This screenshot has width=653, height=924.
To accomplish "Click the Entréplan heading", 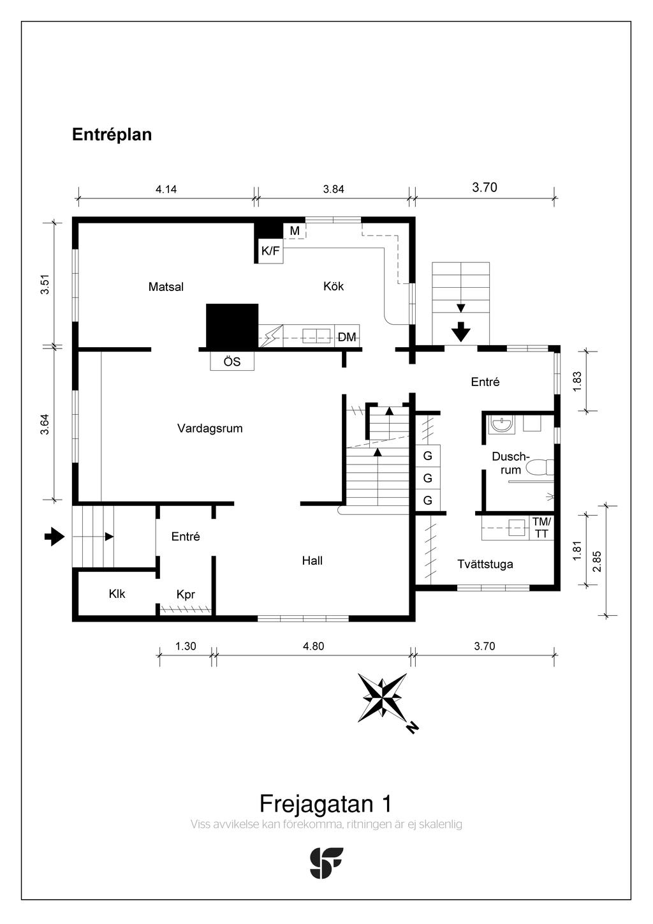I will (x=112, y=135).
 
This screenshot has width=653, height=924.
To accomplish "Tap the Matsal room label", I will (x=166, y=287).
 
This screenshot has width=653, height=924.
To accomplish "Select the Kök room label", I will (x=334, y=286).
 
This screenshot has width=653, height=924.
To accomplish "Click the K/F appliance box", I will (x=270, y=251).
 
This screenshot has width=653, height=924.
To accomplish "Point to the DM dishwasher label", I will (x=347, y=337).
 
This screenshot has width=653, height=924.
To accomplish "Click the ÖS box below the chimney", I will (x=232, y=361).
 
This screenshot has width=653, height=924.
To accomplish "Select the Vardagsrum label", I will (x=210, y=428).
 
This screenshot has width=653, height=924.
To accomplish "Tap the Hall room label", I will (x=312, y=560).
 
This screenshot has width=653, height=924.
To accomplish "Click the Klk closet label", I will (x=117, y=593).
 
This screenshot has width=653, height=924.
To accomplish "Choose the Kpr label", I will (x=186, y=594).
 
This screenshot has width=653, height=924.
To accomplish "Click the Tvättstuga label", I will (x=485, y=564).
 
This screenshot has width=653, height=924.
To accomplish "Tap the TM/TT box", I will (x=541, y=527).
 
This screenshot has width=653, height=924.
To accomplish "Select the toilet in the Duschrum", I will (x=539, y=467).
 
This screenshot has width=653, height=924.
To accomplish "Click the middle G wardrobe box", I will (x=428, y=478).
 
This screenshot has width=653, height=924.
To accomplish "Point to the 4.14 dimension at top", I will (x=166, y=189).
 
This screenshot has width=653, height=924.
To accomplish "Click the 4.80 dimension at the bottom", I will (x=313, y=646).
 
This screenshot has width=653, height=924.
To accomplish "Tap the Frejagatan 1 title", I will (x=325, y=803).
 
